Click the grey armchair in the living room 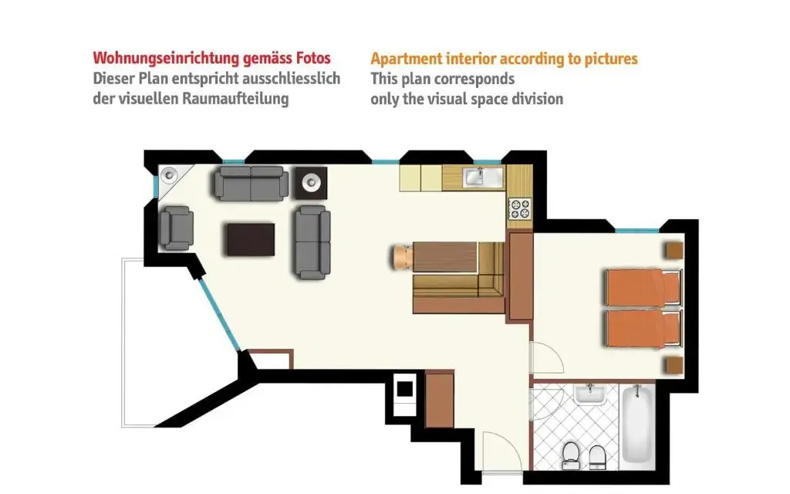pyautogui.click(x=177, y=228)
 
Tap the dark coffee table pyautogui.click(x=251, y=240)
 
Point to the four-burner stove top pyautogui.click(x=520, y=208)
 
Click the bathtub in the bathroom pyautogui.click(x=638, y=425)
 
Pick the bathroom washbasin pyautogui.click(x=590, y=394)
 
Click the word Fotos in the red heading pyautogui.click(x=313, y=58)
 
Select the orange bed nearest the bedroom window pyautogui.click(x=643, y=287)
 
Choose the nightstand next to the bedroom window pyautogui.click(x=674, y=250)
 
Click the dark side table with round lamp pyautogui.click(x=311, y=182)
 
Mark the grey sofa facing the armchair pyautogui.click(x=312, y=242)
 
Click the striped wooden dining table pyautogui.click(x=444, y=257)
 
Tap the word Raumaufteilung pyautogui.click(x=235, y=99)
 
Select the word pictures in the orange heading pyautogui.click(x=611, y=59)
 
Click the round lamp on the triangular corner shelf pyautogui.click(x=169, y=175)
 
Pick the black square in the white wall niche pyautogui.click(x=404, y=389)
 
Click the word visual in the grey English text pyautogui.click(x=450, y=99)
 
